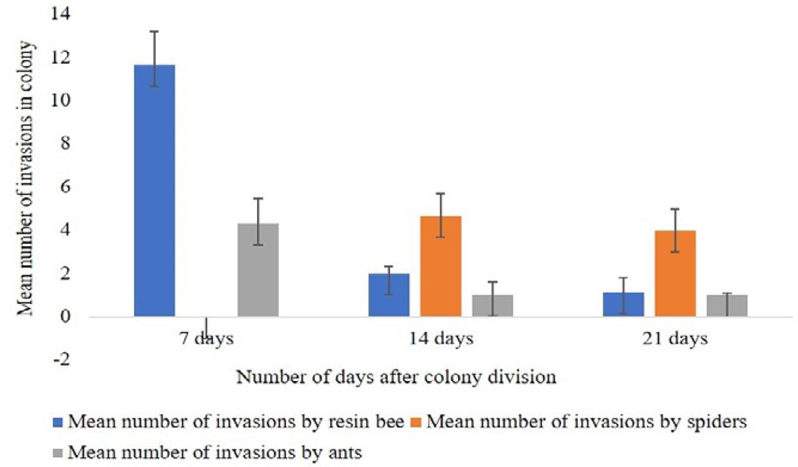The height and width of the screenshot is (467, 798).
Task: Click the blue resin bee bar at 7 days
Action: click(154, 191)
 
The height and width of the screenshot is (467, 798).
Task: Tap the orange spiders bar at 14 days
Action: click(441, 267)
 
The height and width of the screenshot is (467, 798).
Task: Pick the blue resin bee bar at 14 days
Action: click(389, 295)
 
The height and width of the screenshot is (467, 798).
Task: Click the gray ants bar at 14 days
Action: click(493, 306)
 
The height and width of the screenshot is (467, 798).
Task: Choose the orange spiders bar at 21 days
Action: click(675, 273)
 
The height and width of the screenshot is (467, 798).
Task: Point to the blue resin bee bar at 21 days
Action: click(623, 304)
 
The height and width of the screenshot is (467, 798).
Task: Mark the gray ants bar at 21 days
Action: click(727, 306)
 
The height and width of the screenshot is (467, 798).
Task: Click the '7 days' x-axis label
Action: click(206, 339)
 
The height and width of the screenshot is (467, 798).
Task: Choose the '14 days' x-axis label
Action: click(441, 339)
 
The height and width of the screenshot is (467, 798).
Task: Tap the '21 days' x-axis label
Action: click(675, 339)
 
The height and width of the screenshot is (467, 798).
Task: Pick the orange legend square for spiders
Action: click(416, 422)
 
